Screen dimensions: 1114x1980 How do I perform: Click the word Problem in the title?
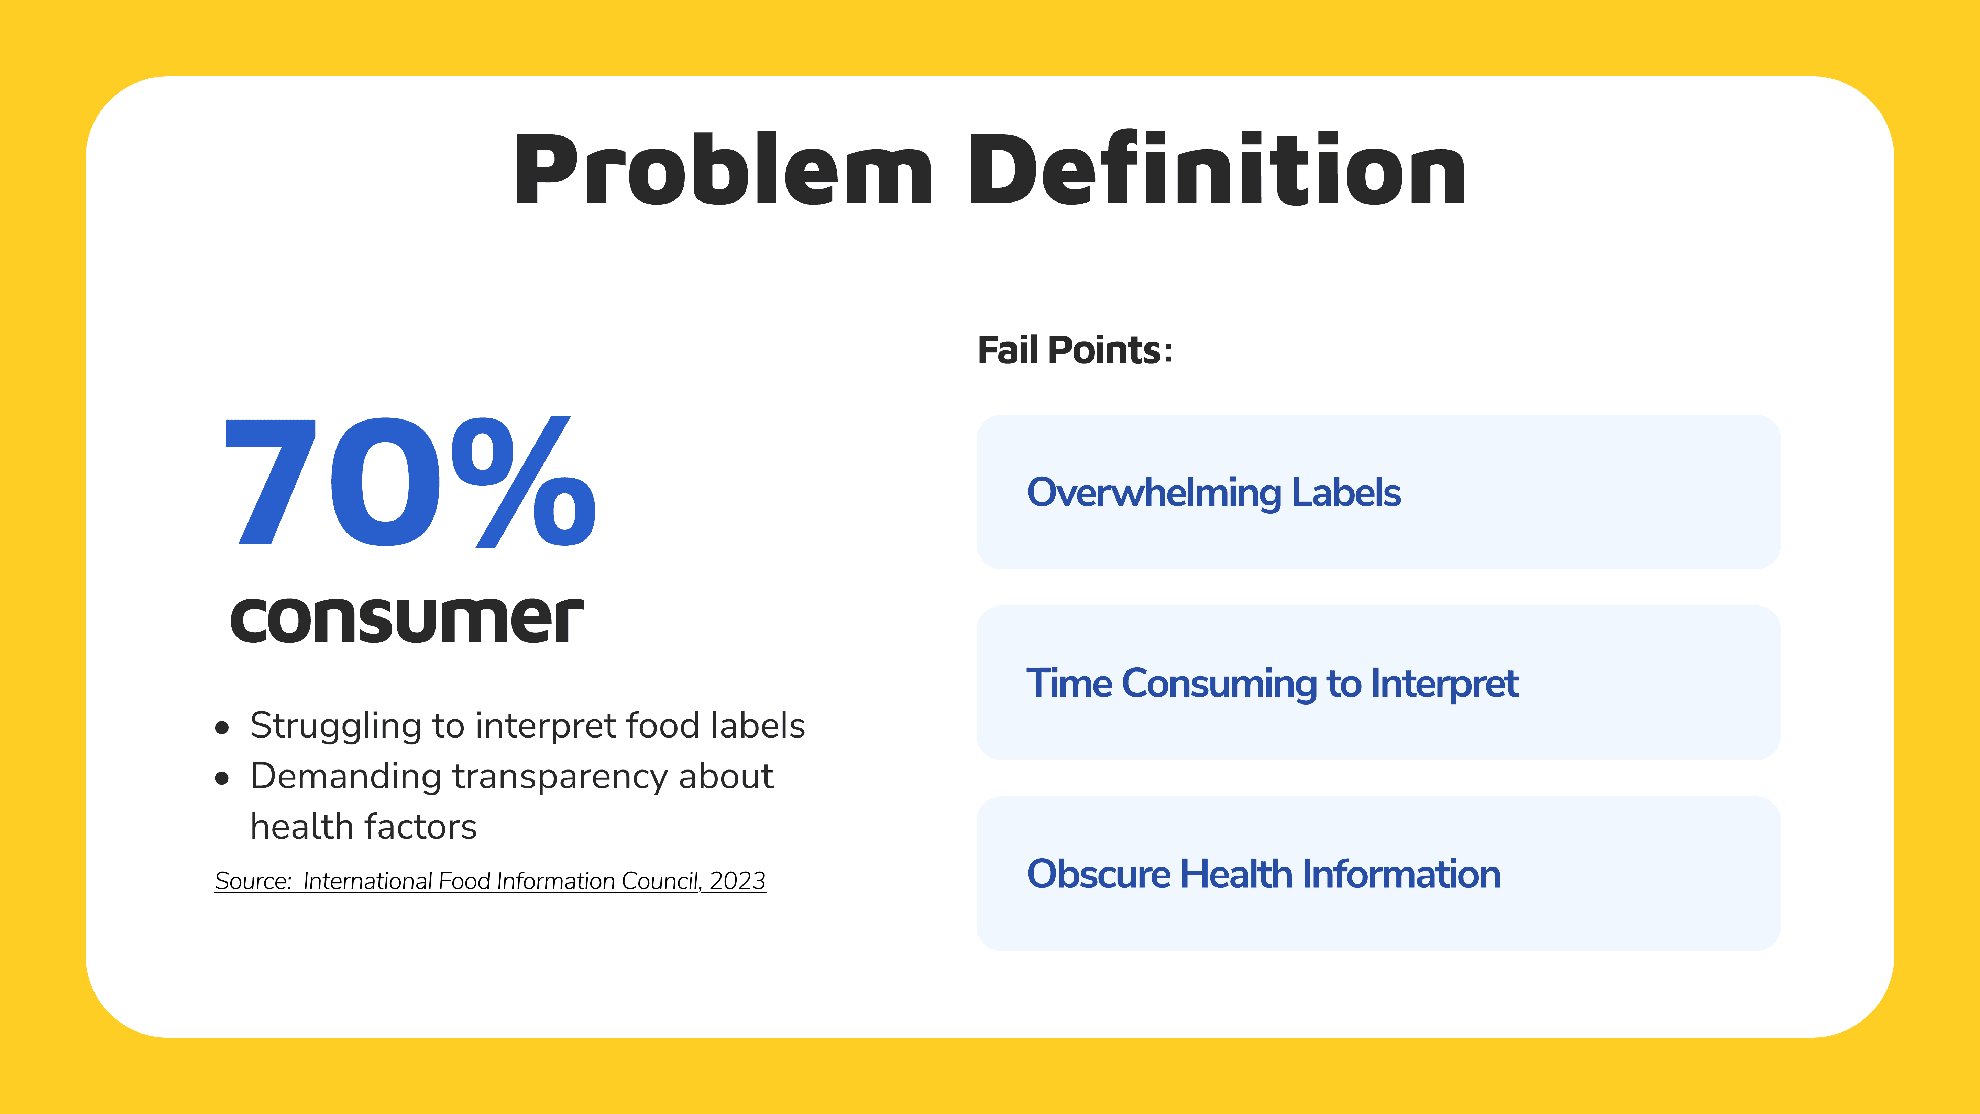pos(723,171)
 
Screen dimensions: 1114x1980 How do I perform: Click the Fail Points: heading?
pos(1075,351)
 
